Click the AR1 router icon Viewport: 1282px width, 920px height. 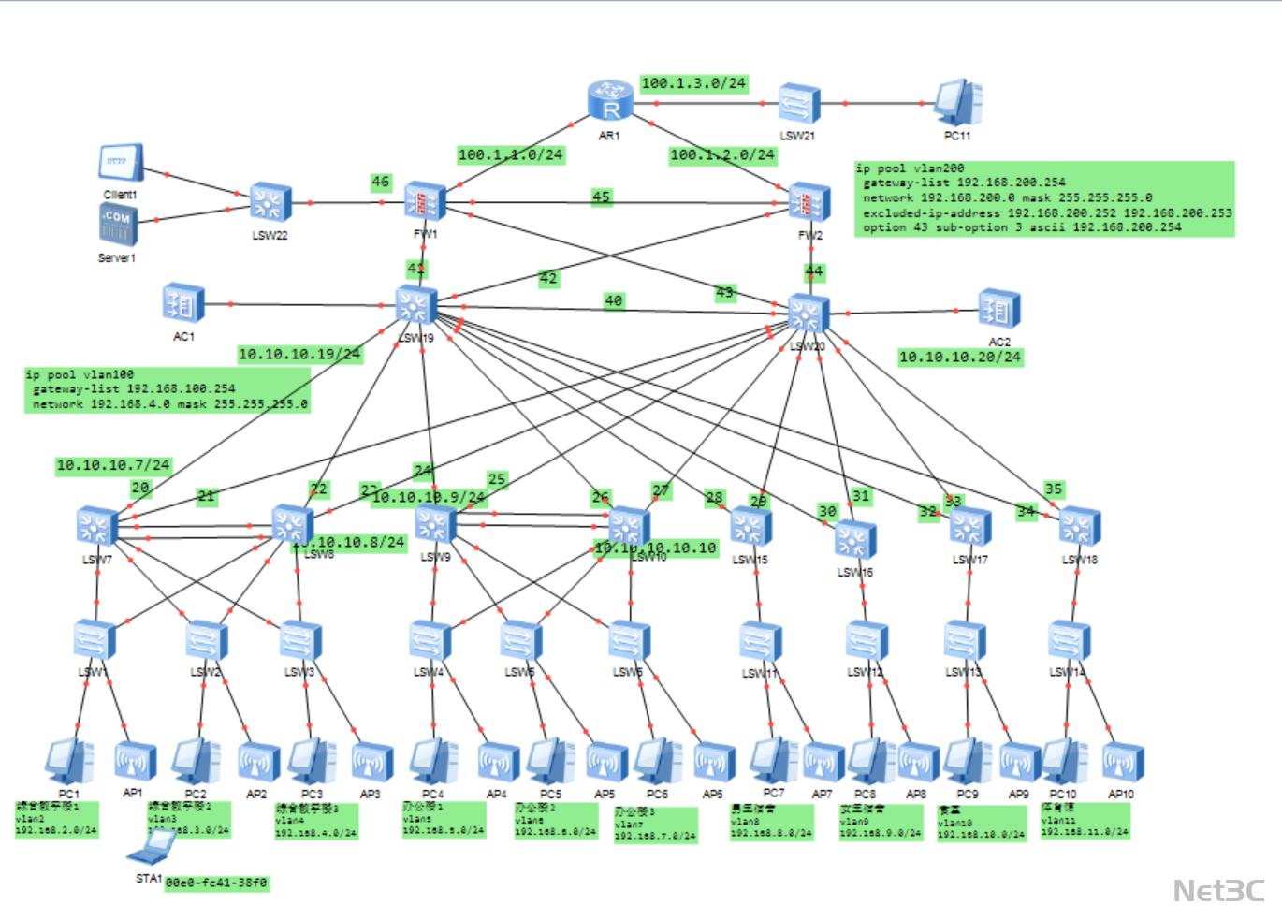coord(610,101)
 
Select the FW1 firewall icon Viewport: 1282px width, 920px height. coord(425,202)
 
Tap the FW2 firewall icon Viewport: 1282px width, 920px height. coord(809,203)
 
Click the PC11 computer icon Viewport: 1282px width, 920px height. coord(958,102)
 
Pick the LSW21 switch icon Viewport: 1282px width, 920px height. coord(799,103)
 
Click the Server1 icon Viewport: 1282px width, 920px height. coord(118,226)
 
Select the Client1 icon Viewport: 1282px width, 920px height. coord(121,163)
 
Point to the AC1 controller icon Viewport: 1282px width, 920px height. coord(183,303)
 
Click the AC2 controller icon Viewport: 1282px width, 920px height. coord(998,310)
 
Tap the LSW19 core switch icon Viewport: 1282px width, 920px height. coord(415,307)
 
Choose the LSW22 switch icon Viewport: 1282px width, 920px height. coord(270,203)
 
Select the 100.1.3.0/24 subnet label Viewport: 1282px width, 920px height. coord(693,83)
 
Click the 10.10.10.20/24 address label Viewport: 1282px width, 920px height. coord(959,357)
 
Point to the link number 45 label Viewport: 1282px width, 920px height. coord(601,197)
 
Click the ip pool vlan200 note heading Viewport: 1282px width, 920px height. coord(910,168)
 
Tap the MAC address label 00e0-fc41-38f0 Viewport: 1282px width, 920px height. coord(216,883)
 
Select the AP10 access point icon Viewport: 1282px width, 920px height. coord(1122,762)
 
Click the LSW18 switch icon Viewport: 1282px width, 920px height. coord(1080,528)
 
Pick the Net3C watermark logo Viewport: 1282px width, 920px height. coord(1218,890)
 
